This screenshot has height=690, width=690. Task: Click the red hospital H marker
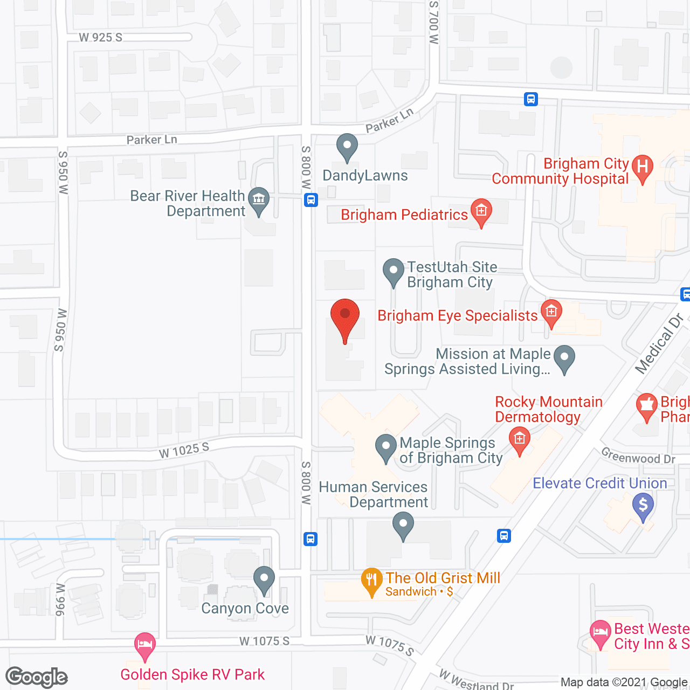[x=642, y=167]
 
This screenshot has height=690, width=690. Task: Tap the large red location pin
[x=344, y=318]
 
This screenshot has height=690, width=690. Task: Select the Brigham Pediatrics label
[x=404, y=215]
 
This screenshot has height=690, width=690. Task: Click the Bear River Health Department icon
[x=259, y=200]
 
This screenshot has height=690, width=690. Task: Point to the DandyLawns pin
[x=347, y=147]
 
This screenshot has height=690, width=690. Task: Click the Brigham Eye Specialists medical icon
[x=551, y=313]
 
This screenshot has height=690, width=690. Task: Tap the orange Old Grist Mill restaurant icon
[x=371, y=581]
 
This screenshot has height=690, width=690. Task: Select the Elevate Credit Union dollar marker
[x=643, y=507]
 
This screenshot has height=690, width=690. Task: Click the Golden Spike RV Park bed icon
[x=144, y=645]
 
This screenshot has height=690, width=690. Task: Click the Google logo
[x=37, y=677]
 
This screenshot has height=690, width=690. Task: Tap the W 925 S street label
[x=101, y=37]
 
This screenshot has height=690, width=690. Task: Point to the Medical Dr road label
[x=659, y=343]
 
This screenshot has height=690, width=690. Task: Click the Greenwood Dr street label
[x=638, y=457]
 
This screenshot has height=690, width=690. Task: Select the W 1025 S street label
[x=184, y=450]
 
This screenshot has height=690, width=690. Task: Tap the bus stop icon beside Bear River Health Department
[x=310, y=200]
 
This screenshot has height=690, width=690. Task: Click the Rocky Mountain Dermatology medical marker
[x=519, y=439]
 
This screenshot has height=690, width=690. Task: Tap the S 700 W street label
[x=434, y=22]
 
